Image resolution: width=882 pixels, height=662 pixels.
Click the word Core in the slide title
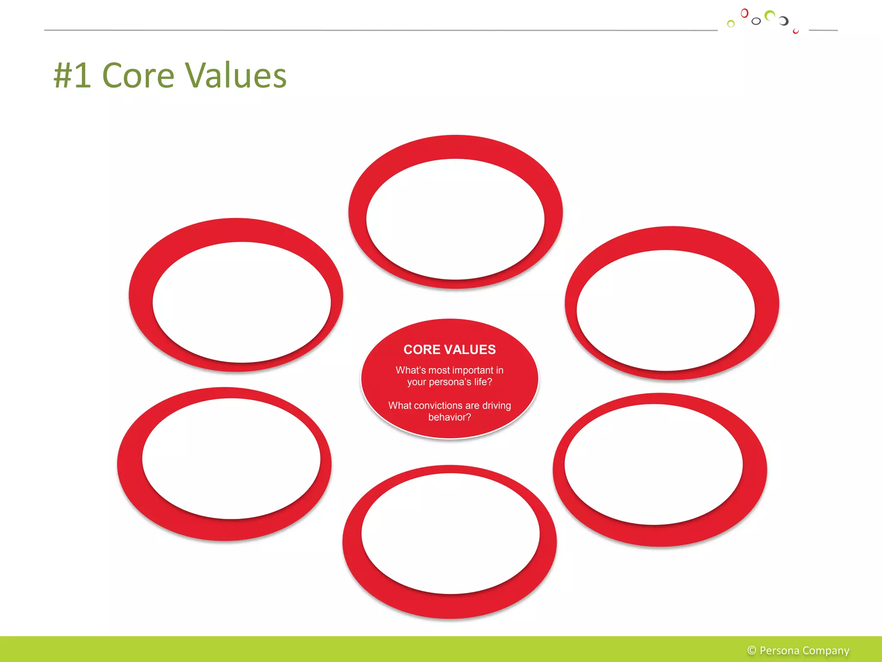(138, 75)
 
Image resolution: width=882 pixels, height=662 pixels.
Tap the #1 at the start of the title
(72, 75)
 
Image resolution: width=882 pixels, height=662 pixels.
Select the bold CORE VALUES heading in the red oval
(449, 350)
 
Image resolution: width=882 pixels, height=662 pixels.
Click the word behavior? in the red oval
(449, 417)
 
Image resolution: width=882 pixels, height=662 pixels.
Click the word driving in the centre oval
(496, 406)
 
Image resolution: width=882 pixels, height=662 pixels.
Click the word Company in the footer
(826, 650)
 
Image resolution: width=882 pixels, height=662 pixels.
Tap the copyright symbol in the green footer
(752, 650)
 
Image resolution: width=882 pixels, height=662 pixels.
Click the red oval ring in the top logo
(744, 13)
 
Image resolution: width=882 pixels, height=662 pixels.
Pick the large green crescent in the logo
(769, 16)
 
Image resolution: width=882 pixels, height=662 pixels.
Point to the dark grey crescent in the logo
(784, 21)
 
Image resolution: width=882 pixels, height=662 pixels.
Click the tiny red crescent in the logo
(795, 31)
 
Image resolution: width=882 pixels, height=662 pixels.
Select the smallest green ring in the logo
(730, 24)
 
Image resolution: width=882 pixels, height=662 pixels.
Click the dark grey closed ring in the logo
(756, 21)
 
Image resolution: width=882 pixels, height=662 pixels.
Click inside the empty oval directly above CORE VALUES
(455, 219)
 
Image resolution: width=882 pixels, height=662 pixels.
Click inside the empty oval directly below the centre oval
(450, 534)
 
